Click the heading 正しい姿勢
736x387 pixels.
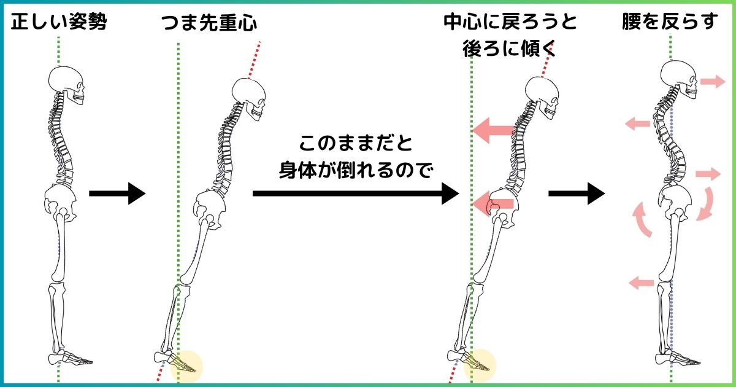click(59, 23)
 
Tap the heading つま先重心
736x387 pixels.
click(209, 23)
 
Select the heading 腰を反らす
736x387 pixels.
click(670, 23)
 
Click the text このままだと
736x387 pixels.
click(356, 146)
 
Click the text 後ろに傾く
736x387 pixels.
click(510, 49)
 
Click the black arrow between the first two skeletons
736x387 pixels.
click(117, 194)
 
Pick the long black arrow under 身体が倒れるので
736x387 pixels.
click(356, 194)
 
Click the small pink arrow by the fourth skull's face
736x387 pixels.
click(713, 81)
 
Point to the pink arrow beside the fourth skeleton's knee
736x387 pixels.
click(642, 283)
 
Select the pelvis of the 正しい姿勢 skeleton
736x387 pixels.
click(60, 200)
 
